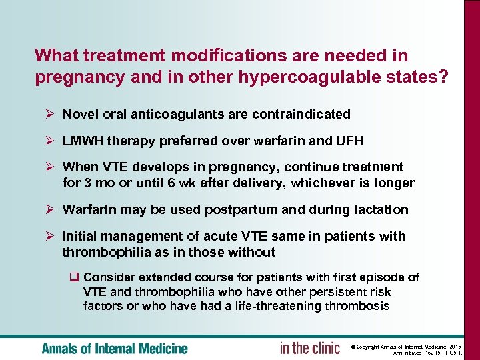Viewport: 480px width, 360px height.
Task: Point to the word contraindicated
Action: (x=301, y=114)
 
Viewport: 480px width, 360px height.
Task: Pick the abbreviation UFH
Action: (x=349, y=141)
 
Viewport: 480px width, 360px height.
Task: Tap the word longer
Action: (x=395, y=183)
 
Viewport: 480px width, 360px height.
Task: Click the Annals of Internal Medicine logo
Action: (x=115, y=348)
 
